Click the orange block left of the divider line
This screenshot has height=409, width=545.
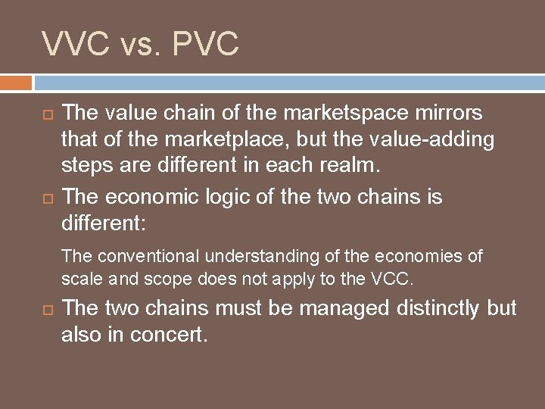tap(16, 82)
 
